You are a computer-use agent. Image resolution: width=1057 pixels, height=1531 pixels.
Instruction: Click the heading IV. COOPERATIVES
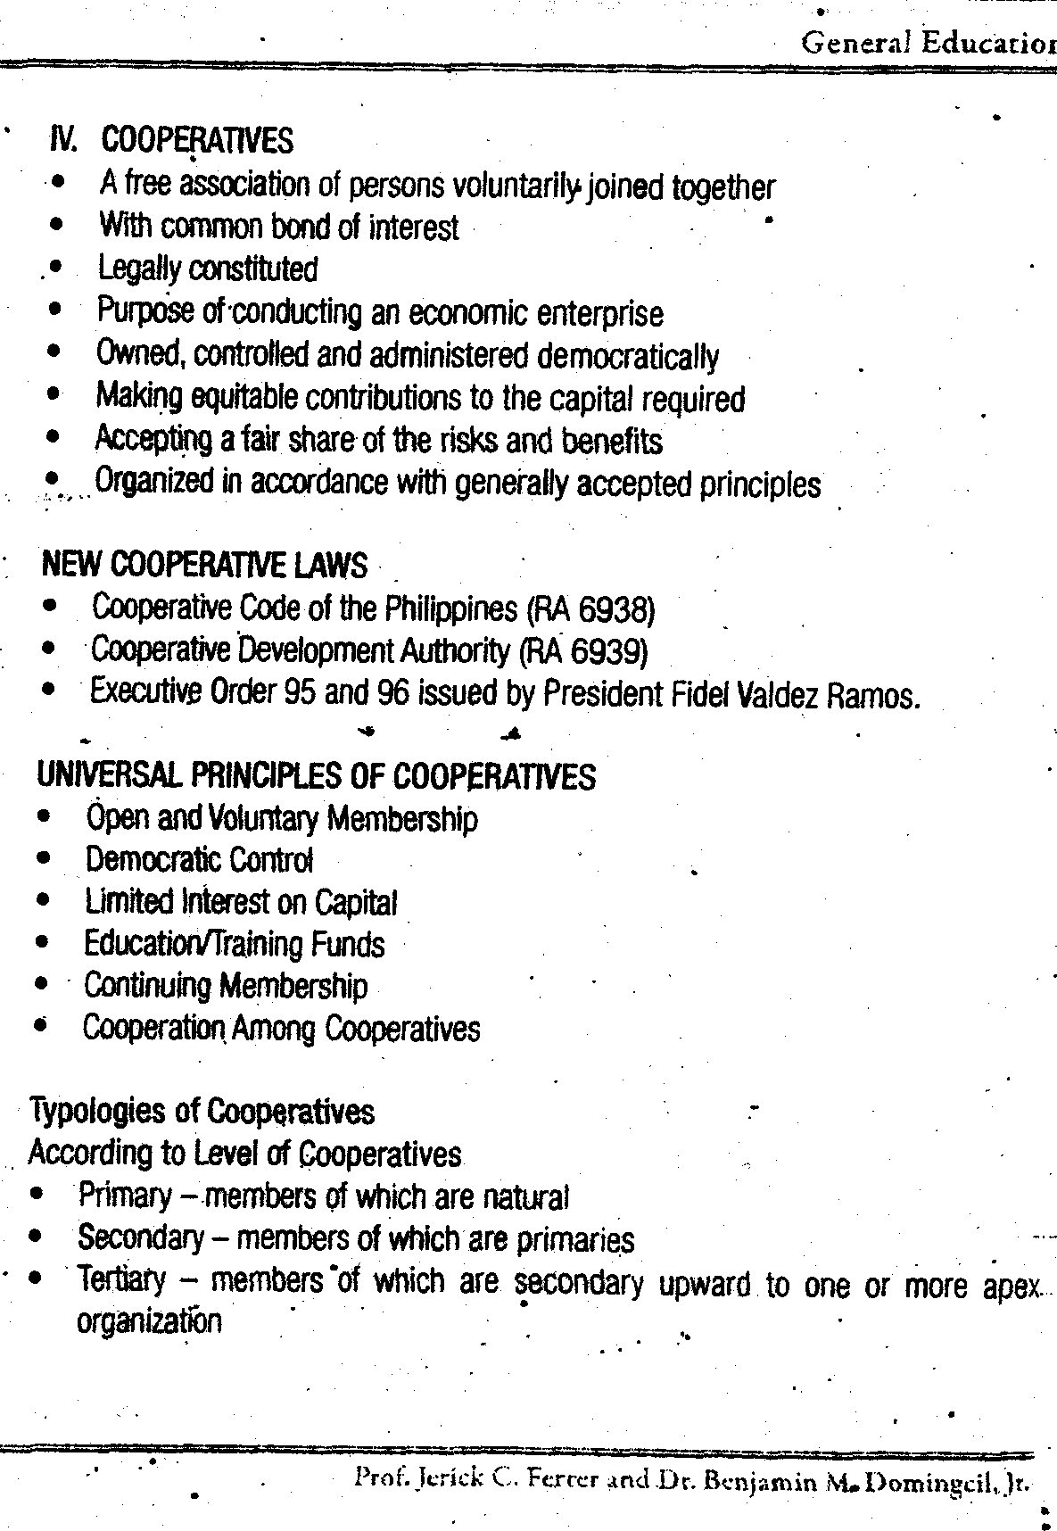point(171,140)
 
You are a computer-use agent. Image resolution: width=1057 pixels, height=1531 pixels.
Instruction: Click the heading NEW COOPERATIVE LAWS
point(204,566)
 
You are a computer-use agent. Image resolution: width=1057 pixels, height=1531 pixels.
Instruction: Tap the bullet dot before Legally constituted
point(56,267)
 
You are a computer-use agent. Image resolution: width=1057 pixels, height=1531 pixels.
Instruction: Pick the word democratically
point(627,356)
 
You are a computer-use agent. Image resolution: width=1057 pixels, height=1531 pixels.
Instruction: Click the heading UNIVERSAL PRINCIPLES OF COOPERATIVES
point(316,776)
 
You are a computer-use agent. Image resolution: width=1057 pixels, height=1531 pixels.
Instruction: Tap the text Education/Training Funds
point(234,944)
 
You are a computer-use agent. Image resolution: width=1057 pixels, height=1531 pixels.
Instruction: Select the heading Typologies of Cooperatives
point(202,1112)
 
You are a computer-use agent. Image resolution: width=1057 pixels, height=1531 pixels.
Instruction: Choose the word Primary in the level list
point(125,1196)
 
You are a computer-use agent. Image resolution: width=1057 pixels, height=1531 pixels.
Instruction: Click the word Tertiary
point(122,1281)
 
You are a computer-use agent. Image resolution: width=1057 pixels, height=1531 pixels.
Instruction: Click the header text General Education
point(928,43)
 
